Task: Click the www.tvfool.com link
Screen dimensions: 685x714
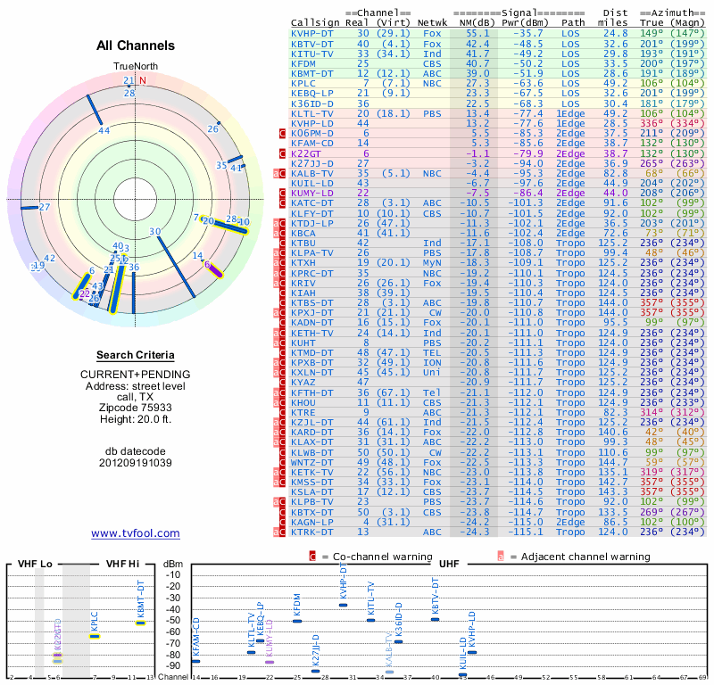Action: coord(135,533)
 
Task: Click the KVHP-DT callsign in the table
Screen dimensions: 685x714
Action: coord(312,33)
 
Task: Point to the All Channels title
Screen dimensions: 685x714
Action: coord(136,45)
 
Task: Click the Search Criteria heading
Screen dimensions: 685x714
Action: coord(136,355)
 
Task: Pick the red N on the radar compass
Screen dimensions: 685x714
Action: coord(142,79)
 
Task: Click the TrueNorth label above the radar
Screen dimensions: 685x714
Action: coord(135,67)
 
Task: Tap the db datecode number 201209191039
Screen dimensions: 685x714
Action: coord(136,463)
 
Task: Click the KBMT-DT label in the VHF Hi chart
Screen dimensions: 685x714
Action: coord(140,598)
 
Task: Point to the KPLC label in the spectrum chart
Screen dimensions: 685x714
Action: coord(95,620)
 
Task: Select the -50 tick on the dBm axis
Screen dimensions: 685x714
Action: coord(174,620)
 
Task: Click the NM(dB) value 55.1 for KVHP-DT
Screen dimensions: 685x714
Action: coord(471,33)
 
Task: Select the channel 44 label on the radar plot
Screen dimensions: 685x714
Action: coord(104,130)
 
